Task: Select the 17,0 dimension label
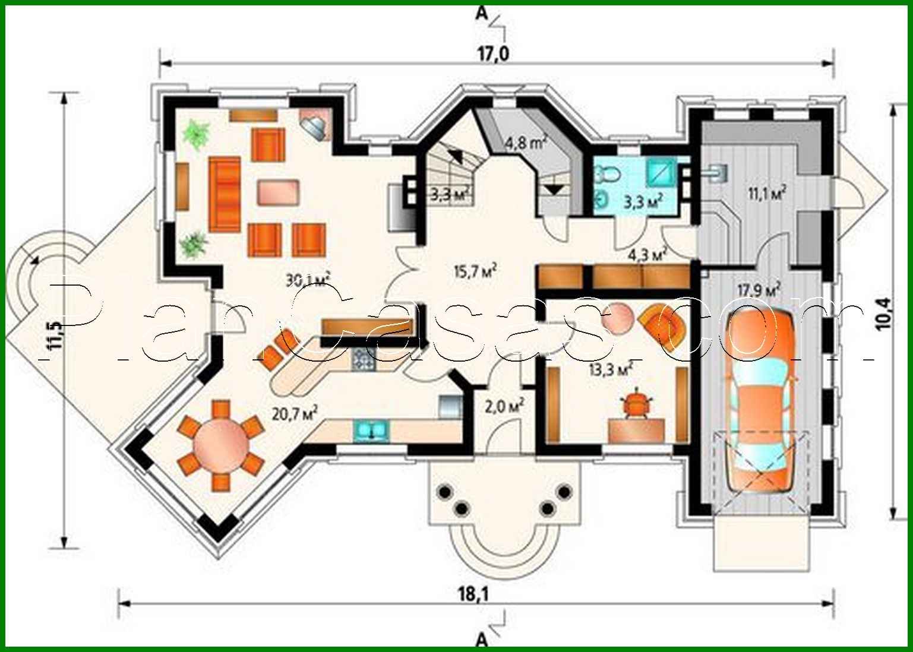click(x=493, y=54)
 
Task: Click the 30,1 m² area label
click(x=307, y=279)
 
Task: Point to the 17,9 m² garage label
click(x=759, y=290)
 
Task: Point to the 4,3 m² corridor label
click(x=647, y=255)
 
